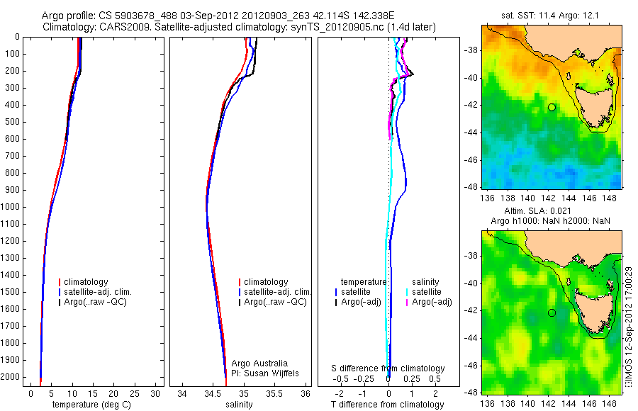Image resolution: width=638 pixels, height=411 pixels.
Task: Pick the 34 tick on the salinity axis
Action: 182,393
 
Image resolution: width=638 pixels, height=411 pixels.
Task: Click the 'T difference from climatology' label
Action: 388,405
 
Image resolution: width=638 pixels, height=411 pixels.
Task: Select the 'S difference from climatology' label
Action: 388,368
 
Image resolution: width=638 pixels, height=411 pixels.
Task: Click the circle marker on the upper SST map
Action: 552,107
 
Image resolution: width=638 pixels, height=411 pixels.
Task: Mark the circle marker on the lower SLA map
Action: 552,313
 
